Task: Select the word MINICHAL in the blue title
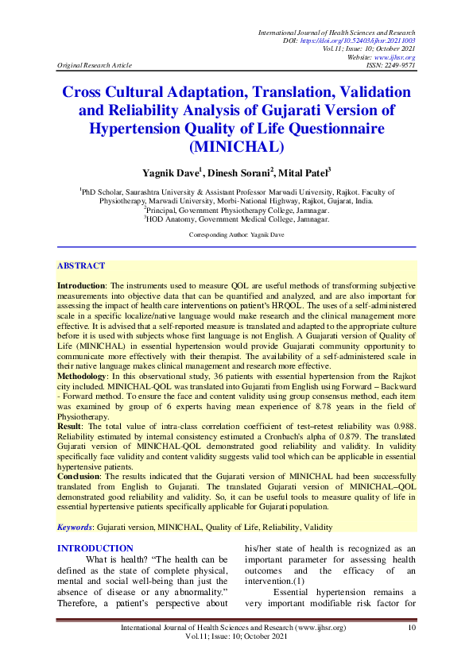(237, 146)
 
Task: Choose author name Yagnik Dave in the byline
(173, 172)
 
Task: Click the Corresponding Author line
(236, 235)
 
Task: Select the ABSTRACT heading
(81, 265)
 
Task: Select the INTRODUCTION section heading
(95, 548)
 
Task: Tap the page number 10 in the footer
(411, 628)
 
